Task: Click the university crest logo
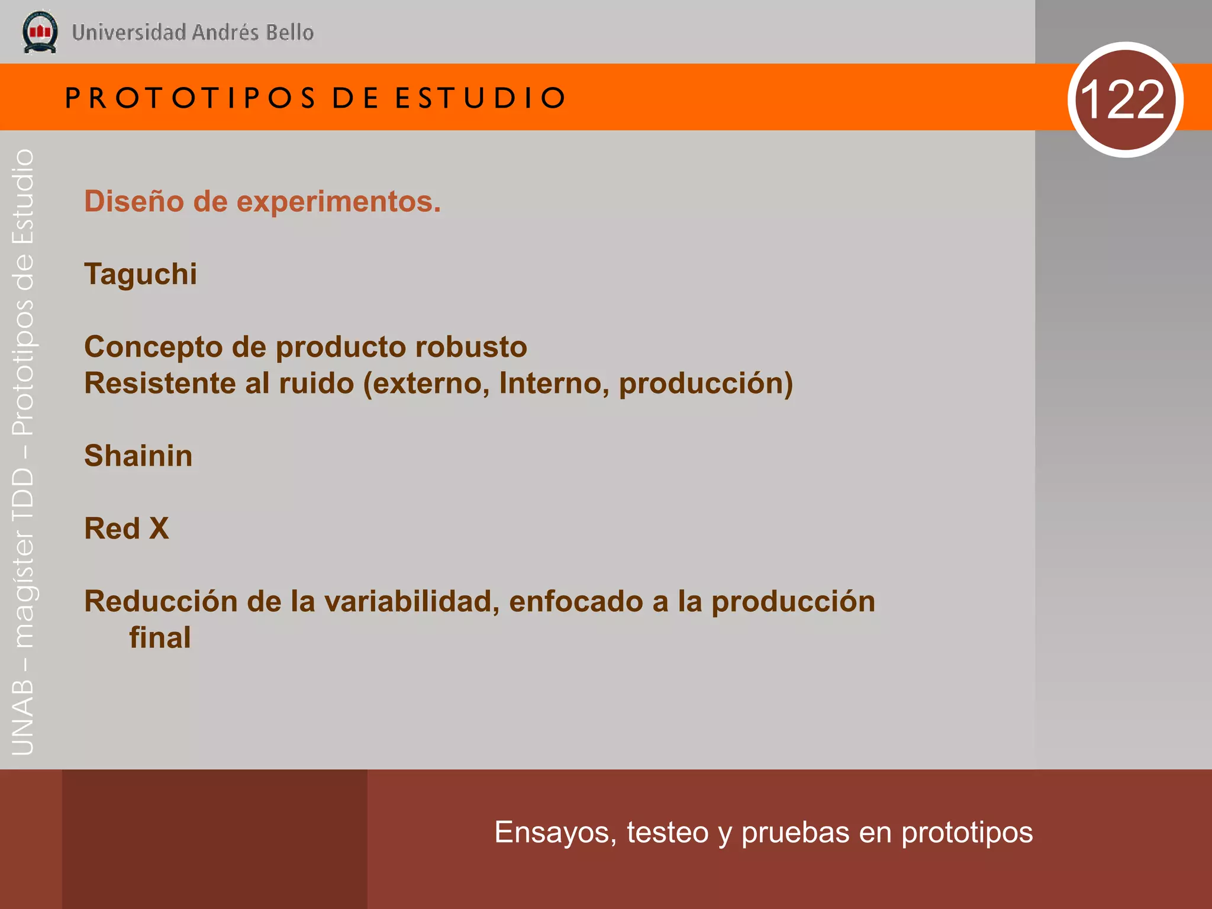[x=40, y=32]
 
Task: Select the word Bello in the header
[x=289, y=33]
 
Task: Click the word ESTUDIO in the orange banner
[x=481, y=98]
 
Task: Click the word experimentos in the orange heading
[x=339, y=201]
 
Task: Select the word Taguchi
[x=141, y=274]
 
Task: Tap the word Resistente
[x=160, y=383]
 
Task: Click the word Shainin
[x=138, y=456]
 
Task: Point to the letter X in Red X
[x=159, y=528]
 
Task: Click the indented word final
[x=160, y=638]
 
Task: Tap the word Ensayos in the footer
[x=555, y=833]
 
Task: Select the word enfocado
[x=575, y=601]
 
